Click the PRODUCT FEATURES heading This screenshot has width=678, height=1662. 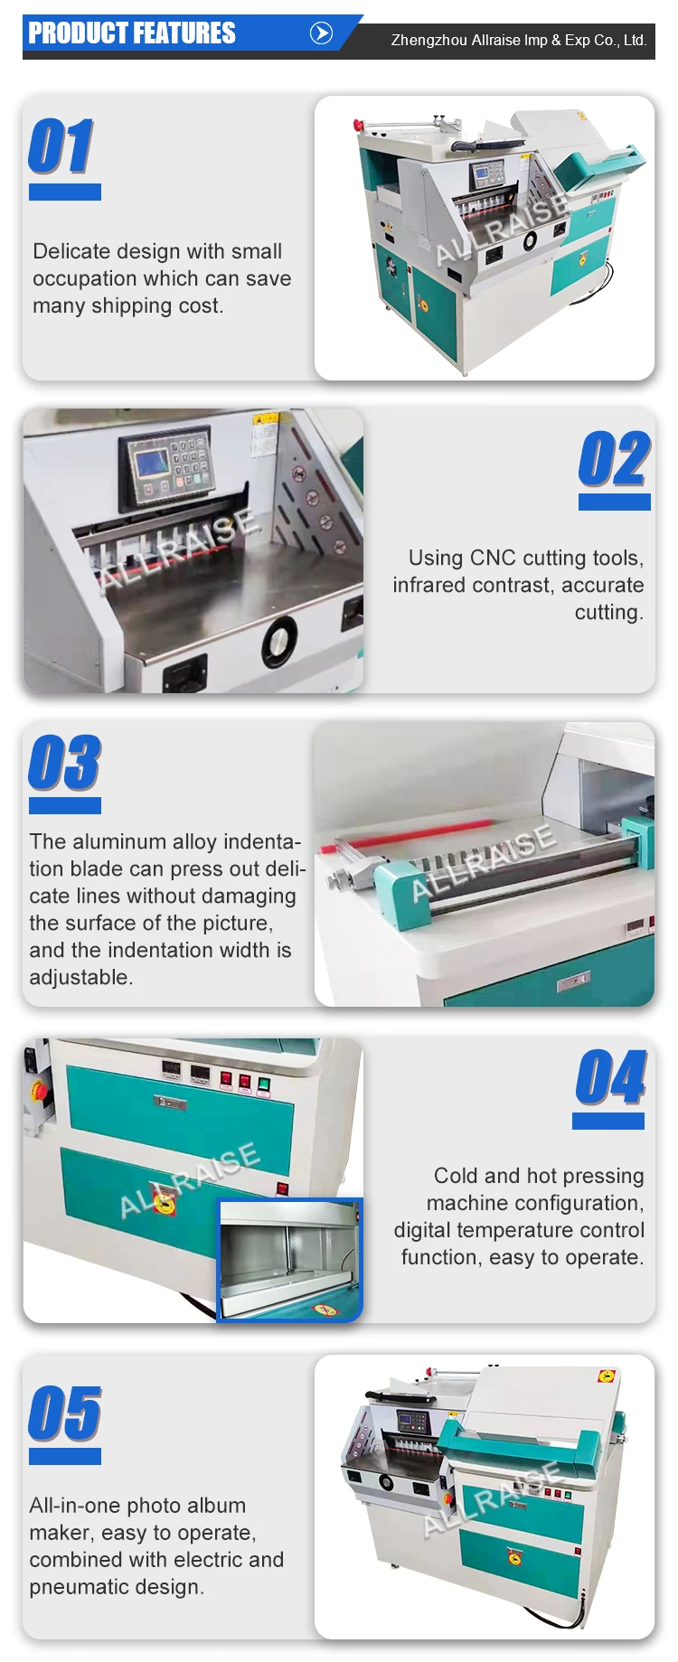(x=132, y=33)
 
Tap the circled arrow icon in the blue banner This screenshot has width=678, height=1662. (x=321, y=33)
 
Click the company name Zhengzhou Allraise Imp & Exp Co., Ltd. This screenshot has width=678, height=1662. (x=518, y=41)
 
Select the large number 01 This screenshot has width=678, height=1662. (x=61, y=146)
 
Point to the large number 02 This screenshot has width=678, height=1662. (x=614, y=459)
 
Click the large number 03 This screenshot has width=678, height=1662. (x=64, y=763)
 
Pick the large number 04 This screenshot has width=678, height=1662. (x=611, y=1077)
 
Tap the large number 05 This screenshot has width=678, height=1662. (x=64, y=1413)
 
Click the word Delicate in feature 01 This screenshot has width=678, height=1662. (x=71, y=251)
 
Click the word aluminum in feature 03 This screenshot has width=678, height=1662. (x=120, y=841)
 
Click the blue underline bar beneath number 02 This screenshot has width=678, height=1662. (x=614, y=502)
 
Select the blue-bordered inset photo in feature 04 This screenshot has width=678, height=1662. (x=290, y=1260)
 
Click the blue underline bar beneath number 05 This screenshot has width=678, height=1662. (x=64, y=1457)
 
